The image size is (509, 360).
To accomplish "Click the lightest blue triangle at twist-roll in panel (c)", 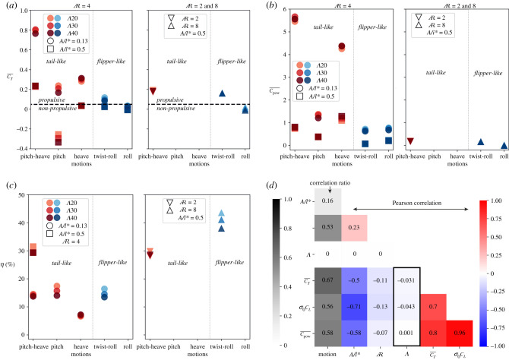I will pos(222,213).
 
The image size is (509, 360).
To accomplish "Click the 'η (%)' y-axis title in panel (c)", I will pos(11,265).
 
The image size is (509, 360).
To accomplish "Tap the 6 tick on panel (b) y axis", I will pos(276,9).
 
